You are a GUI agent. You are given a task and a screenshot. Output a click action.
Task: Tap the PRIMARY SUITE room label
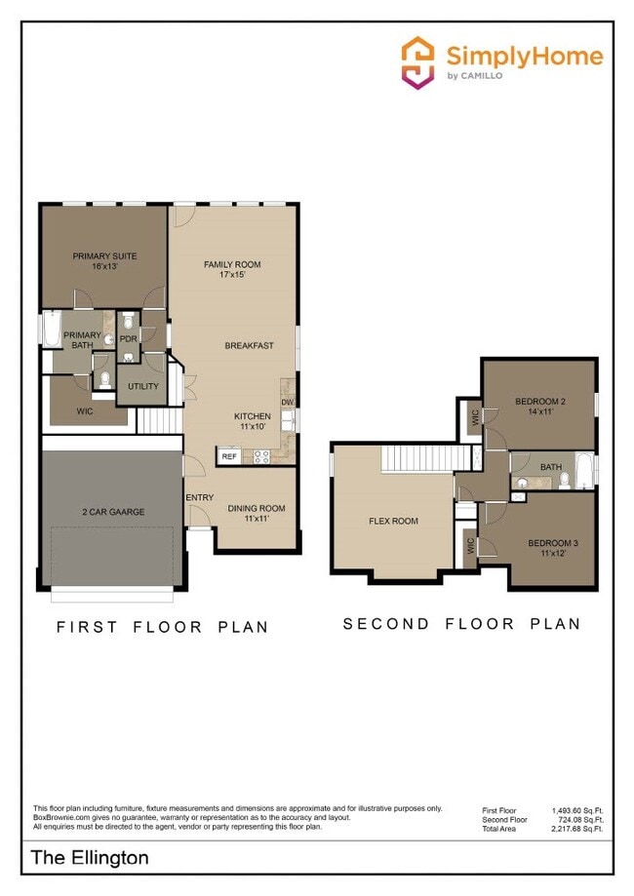[104, 261]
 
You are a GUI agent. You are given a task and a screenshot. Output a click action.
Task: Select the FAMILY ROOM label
[232, 269]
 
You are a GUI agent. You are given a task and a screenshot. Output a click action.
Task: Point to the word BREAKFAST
[249, 345]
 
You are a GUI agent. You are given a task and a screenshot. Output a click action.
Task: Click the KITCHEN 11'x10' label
[252, 421]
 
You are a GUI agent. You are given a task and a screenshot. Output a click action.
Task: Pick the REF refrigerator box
[229, 455]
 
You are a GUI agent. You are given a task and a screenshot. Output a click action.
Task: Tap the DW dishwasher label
[288, 402]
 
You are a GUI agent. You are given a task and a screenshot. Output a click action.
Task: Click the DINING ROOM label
[257, 513]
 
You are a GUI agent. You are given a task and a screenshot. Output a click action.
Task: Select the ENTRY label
[199, 498]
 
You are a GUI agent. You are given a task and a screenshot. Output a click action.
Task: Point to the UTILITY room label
[143, 386]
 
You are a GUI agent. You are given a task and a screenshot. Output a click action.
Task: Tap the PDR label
[128, 340]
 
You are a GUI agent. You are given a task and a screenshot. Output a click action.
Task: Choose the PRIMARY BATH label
[82, 339]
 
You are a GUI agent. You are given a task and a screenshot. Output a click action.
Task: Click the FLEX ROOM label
[393, 521]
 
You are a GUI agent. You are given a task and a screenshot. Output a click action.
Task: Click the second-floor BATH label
[551, 467]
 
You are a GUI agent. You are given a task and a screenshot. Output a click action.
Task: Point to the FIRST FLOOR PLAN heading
[162, 626]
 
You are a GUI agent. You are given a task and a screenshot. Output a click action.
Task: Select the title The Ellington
[91, 858]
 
